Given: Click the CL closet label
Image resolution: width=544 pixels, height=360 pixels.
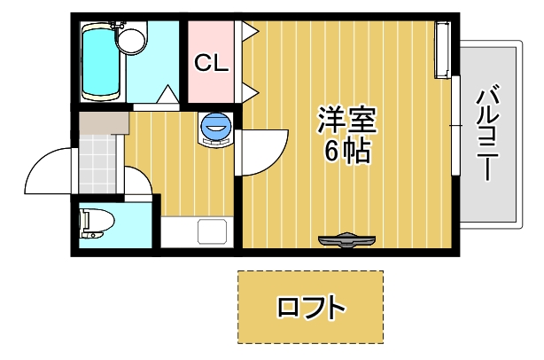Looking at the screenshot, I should point(212,63).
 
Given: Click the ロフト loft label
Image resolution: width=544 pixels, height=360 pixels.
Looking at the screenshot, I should point(310,309).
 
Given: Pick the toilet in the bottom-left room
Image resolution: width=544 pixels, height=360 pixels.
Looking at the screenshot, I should point(92,223).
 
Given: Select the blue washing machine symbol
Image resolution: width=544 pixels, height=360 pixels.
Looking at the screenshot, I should point(216,129).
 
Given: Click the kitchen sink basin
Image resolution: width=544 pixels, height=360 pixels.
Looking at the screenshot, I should point(214,232).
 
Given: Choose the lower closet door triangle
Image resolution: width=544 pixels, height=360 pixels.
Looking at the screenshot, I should point(250,90).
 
